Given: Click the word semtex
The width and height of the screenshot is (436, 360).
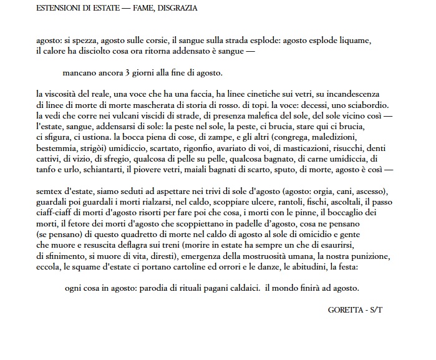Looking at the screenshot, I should pos(50,190).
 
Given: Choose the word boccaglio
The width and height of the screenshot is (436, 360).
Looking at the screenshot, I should pos(342,212).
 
